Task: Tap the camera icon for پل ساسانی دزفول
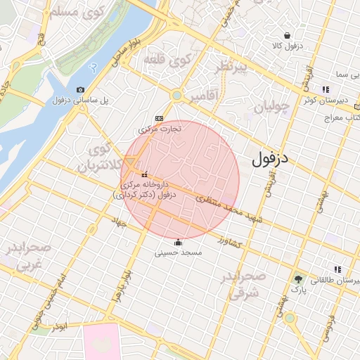(80, 89)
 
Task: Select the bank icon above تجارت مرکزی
(159, 118)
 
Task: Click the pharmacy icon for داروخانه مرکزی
(145, 174)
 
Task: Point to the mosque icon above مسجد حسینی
(178, 243)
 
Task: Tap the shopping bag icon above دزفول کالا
(287, 35)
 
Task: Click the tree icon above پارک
(298, 279)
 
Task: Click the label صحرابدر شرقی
(243, 285)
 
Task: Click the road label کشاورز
(229, 242)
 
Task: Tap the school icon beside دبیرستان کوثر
(325, 89)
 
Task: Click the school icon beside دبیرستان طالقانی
(338, 269)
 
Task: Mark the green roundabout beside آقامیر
(177, 95)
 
